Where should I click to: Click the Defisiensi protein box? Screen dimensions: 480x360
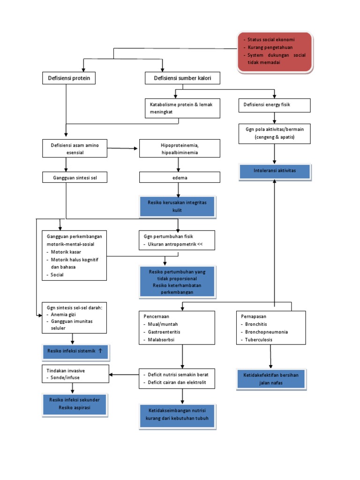(x=69, y=77)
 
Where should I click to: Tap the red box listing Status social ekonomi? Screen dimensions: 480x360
(x=274, y=52)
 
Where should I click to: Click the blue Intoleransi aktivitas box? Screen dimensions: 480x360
(x=274, y=171)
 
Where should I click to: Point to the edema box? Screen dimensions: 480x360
(x=179, y=177)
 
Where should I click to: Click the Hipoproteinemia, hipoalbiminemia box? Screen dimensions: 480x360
(x=179, y=148)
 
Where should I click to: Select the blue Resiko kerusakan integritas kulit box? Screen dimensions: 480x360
(x=177, y=207)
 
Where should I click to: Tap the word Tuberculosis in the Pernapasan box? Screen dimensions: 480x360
(x=261, y=339)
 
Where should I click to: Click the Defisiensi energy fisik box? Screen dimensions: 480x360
(x=274, y=105)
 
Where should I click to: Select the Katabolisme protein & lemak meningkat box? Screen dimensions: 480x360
(x=179, y=108)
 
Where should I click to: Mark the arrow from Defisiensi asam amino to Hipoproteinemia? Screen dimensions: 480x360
(x=123, y=149)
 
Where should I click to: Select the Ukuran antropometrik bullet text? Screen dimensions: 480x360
(x=173, y=245)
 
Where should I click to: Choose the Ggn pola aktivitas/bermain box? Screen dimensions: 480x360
(x=275, y=134)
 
